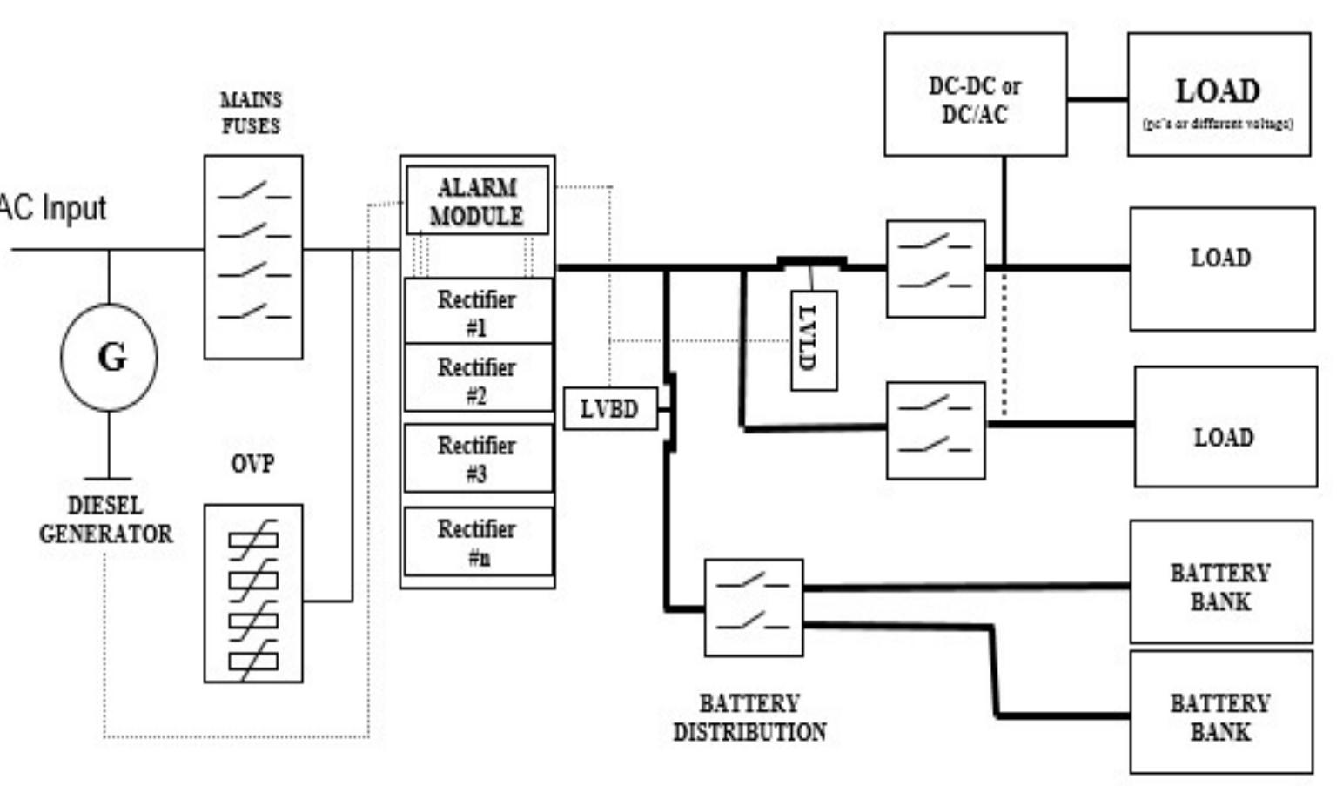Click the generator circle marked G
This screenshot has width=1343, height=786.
[109, 358]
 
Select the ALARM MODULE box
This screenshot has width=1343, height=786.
[477, 201]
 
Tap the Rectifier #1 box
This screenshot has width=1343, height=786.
[477, 312]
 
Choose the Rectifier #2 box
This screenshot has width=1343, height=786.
[477, 380]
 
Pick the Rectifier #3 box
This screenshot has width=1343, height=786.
[477, 458]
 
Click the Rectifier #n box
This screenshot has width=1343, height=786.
[477, 541]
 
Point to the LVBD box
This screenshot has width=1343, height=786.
[609, 409]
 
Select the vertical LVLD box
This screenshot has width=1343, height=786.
[814, 340]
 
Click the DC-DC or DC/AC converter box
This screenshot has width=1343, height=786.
[975, 95]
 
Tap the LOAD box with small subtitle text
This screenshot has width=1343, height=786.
[1219, 95]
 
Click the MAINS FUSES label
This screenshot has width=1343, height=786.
[251, 113]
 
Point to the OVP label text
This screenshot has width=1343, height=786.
[252, 464]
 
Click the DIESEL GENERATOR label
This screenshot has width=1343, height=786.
[106, 520]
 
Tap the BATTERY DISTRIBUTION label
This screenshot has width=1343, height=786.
[749, 717]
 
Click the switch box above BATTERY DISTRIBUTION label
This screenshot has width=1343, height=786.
[753, 608]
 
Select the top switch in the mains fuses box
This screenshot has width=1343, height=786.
[253, 192]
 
